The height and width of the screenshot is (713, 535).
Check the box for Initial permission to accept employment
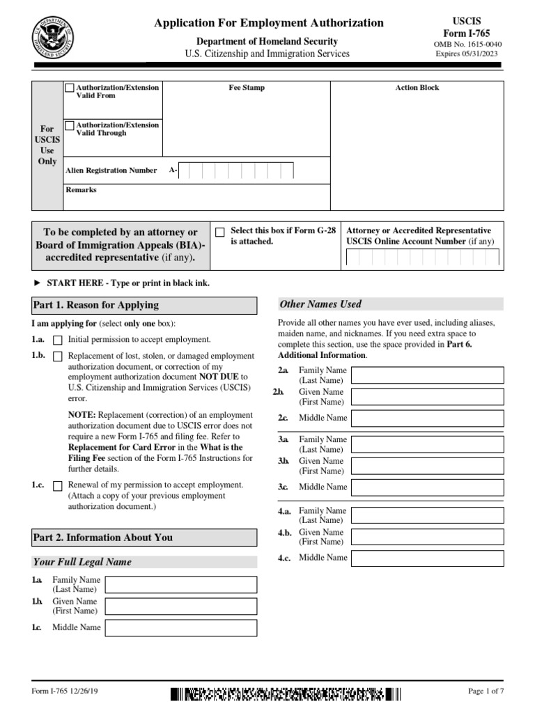point(58,340)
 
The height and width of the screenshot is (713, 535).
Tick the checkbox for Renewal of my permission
point(58,485)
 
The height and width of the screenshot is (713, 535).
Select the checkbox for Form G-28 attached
point(220,232)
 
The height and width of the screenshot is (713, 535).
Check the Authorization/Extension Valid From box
point(70,88)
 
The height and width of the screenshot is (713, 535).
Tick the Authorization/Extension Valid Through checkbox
point(70,126)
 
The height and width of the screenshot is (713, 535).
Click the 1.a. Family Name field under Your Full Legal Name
point(180,584)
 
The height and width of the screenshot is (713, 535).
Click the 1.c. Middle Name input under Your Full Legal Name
point(180,628)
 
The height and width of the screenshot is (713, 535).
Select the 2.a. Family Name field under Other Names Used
point(427,375)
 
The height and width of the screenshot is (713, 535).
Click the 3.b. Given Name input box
point(427,466)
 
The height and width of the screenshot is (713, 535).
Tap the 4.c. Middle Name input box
point(427,558)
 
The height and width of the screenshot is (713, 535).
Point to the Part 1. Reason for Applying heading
point(95,305)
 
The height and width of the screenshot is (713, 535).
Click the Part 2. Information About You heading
point(103,538)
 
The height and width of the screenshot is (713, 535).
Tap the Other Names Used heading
point(320,304)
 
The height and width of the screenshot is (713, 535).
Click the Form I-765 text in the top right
point(467,33)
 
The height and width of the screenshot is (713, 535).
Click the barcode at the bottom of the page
point(286,694)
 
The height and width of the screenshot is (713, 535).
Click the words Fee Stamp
point(247,88)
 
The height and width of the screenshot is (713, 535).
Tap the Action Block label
point(417,88)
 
